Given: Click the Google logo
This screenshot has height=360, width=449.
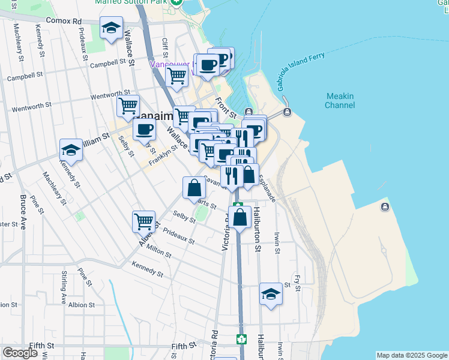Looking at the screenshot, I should click(20, 353).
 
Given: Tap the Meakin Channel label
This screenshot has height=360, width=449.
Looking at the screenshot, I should click(340, 101).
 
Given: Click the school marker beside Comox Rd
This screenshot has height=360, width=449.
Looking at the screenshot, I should click(111, 28).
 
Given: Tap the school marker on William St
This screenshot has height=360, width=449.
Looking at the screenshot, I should click(71, 151).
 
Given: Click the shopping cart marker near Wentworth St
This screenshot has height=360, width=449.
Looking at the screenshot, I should click(128, 107).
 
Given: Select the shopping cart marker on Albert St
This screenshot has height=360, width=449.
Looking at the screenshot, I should click(144, 222).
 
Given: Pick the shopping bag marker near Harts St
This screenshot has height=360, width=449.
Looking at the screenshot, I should click(194, 188).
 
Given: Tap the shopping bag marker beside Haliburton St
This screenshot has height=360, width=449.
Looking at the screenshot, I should click(240, 218).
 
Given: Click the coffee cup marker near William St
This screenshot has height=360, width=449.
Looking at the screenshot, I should click(143, 130).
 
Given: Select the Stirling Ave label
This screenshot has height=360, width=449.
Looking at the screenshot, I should click(64, 287).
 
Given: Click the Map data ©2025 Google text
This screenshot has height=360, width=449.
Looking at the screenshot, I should click(412, 355).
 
